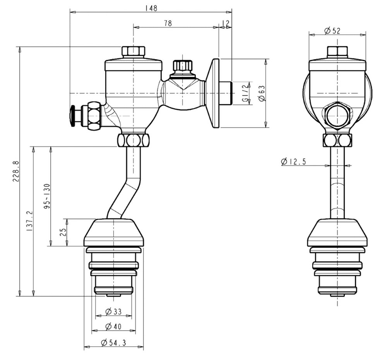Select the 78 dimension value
pyautogui.click(x=168, y=23)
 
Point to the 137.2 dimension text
pyautogui.click(x=30, y=221)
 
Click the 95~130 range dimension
pyautogui.click(x=47, y=196)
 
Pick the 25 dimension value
pyautogui.click(x=63, y=232)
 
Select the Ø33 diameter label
pyautogui.click(x=113, y=312)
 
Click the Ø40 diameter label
pyautogui.click(x=113, y=326)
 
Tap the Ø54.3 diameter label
pyautogui.click(x=113, y=343)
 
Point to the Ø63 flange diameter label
pyautogui.click(x=262, y=93)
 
